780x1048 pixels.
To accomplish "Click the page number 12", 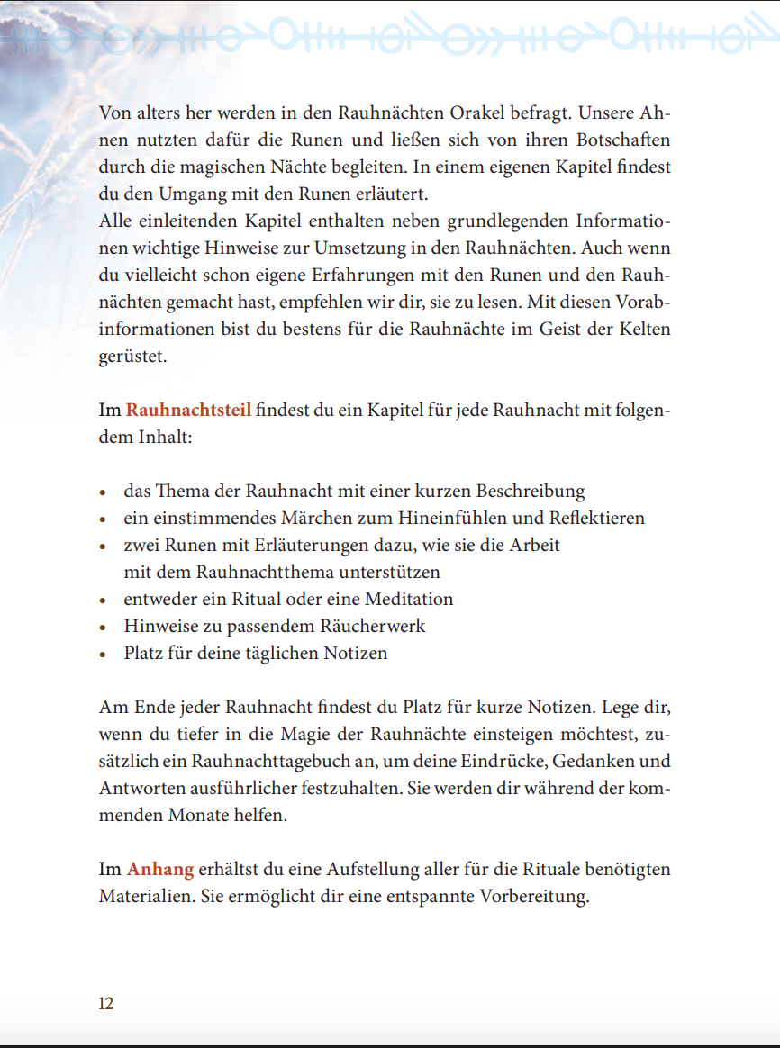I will (x=106, y=1004).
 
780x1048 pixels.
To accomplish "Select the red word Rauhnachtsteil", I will (x=189, y=411).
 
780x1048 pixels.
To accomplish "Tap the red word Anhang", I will (x=160, y=869).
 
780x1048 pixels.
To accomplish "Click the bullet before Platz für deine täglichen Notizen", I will (x=104, y=655).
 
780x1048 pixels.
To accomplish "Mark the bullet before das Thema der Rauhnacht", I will (x=104, y=492).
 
